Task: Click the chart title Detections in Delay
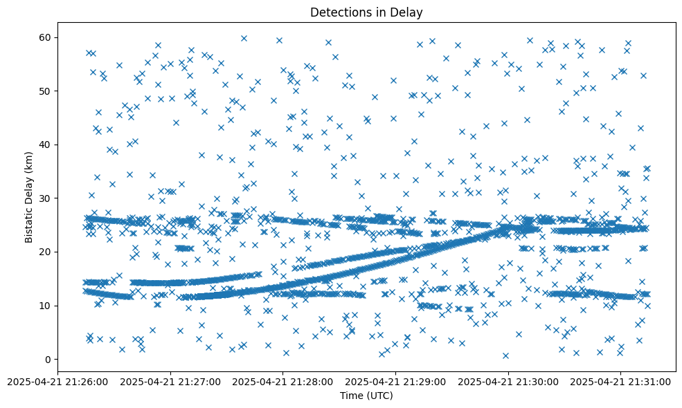pos(366,12)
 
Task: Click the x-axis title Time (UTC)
pos(366,396)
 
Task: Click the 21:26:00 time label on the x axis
pos(58,381)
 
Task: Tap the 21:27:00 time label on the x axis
pos(170,381)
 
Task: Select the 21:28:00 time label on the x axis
pos(283,381)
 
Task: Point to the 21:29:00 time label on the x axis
pos(396,381)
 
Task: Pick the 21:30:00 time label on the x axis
pos(509,381)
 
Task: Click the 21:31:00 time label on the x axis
pos(621,381)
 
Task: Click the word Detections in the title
pos(339,12)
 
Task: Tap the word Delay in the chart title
pos(409,12)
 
